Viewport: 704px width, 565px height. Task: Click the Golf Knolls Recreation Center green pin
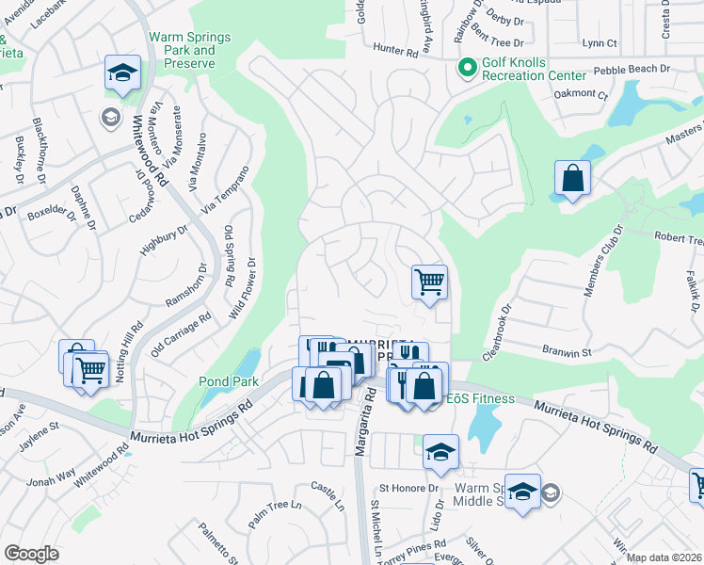pyautogui.click(x=465, y=68)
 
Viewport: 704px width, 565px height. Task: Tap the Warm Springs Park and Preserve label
pyautogui.click(x=182, y=51)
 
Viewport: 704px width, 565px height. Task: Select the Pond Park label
pyautogui.click(x=221, y=381)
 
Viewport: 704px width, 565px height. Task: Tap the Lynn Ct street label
pyautogui.click(x=600, y=43)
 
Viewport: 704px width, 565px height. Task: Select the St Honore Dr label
pyautogui.click(x=409, y=488)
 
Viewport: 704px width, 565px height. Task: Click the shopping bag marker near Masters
pyautogui.click(x=572, y=179)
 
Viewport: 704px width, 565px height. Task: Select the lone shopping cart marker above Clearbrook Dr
pyautogui.click(x=429, y=281)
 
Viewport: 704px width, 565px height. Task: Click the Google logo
pyautogui.click(x=31, y=554)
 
